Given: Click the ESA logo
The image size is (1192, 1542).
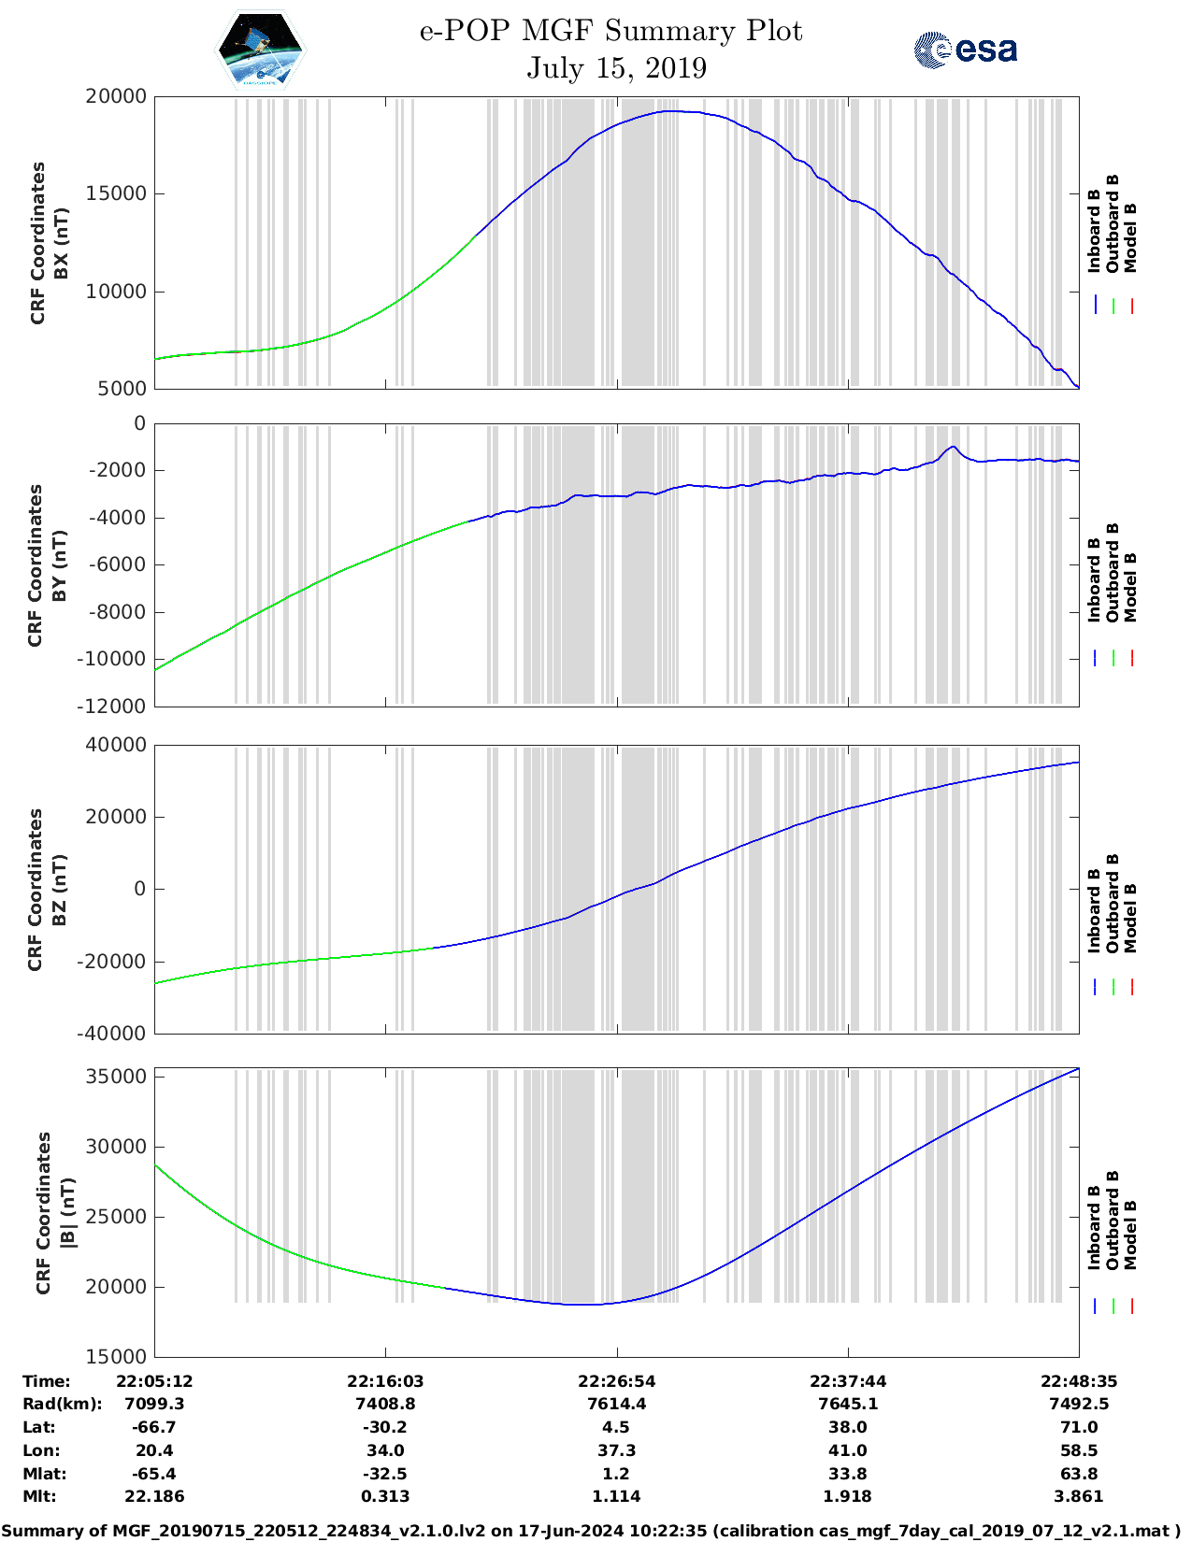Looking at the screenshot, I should [965, 50].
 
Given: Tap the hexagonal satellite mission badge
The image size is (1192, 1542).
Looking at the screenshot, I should [260, 50].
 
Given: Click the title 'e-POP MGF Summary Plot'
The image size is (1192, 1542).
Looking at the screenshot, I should [610, 31].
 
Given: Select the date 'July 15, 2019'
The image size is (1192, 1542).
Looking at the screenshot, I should [616, 68].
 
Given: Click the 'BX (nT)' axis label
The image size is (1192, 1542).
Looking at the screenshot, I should [61, 243].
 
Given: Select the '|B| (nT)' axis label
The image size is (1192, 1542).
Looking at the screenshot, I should [66, 1213].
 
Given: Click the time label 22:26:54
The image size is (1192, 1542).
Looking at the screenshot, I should [616, 1381].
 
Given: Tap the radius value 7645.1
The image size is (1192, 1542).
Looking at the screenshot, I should [847, 1404].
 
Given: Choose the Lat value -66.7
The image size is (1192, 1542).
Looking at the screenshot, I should [154, 1427].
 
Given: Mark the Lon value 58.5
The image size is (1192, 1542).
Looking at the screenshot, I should [1079, 1450].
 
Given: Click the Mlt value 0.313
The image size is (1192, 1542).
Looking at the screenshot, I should [385, 1496].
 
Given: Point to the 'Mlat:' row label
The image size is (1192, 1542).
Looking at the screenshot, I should [45, 1474].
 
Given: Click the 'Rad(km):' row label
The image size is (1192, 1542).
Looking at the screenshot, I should [62, 1404].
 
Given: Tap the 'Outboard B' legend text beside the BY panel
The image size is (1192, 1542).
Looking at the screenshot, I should [1113, 572].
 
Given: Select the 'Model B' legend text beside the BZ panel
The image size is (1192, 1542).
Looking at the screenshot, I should [1130, 918].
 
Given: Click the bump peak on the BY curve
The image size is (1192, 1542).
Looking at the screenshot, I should [953, 447].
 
